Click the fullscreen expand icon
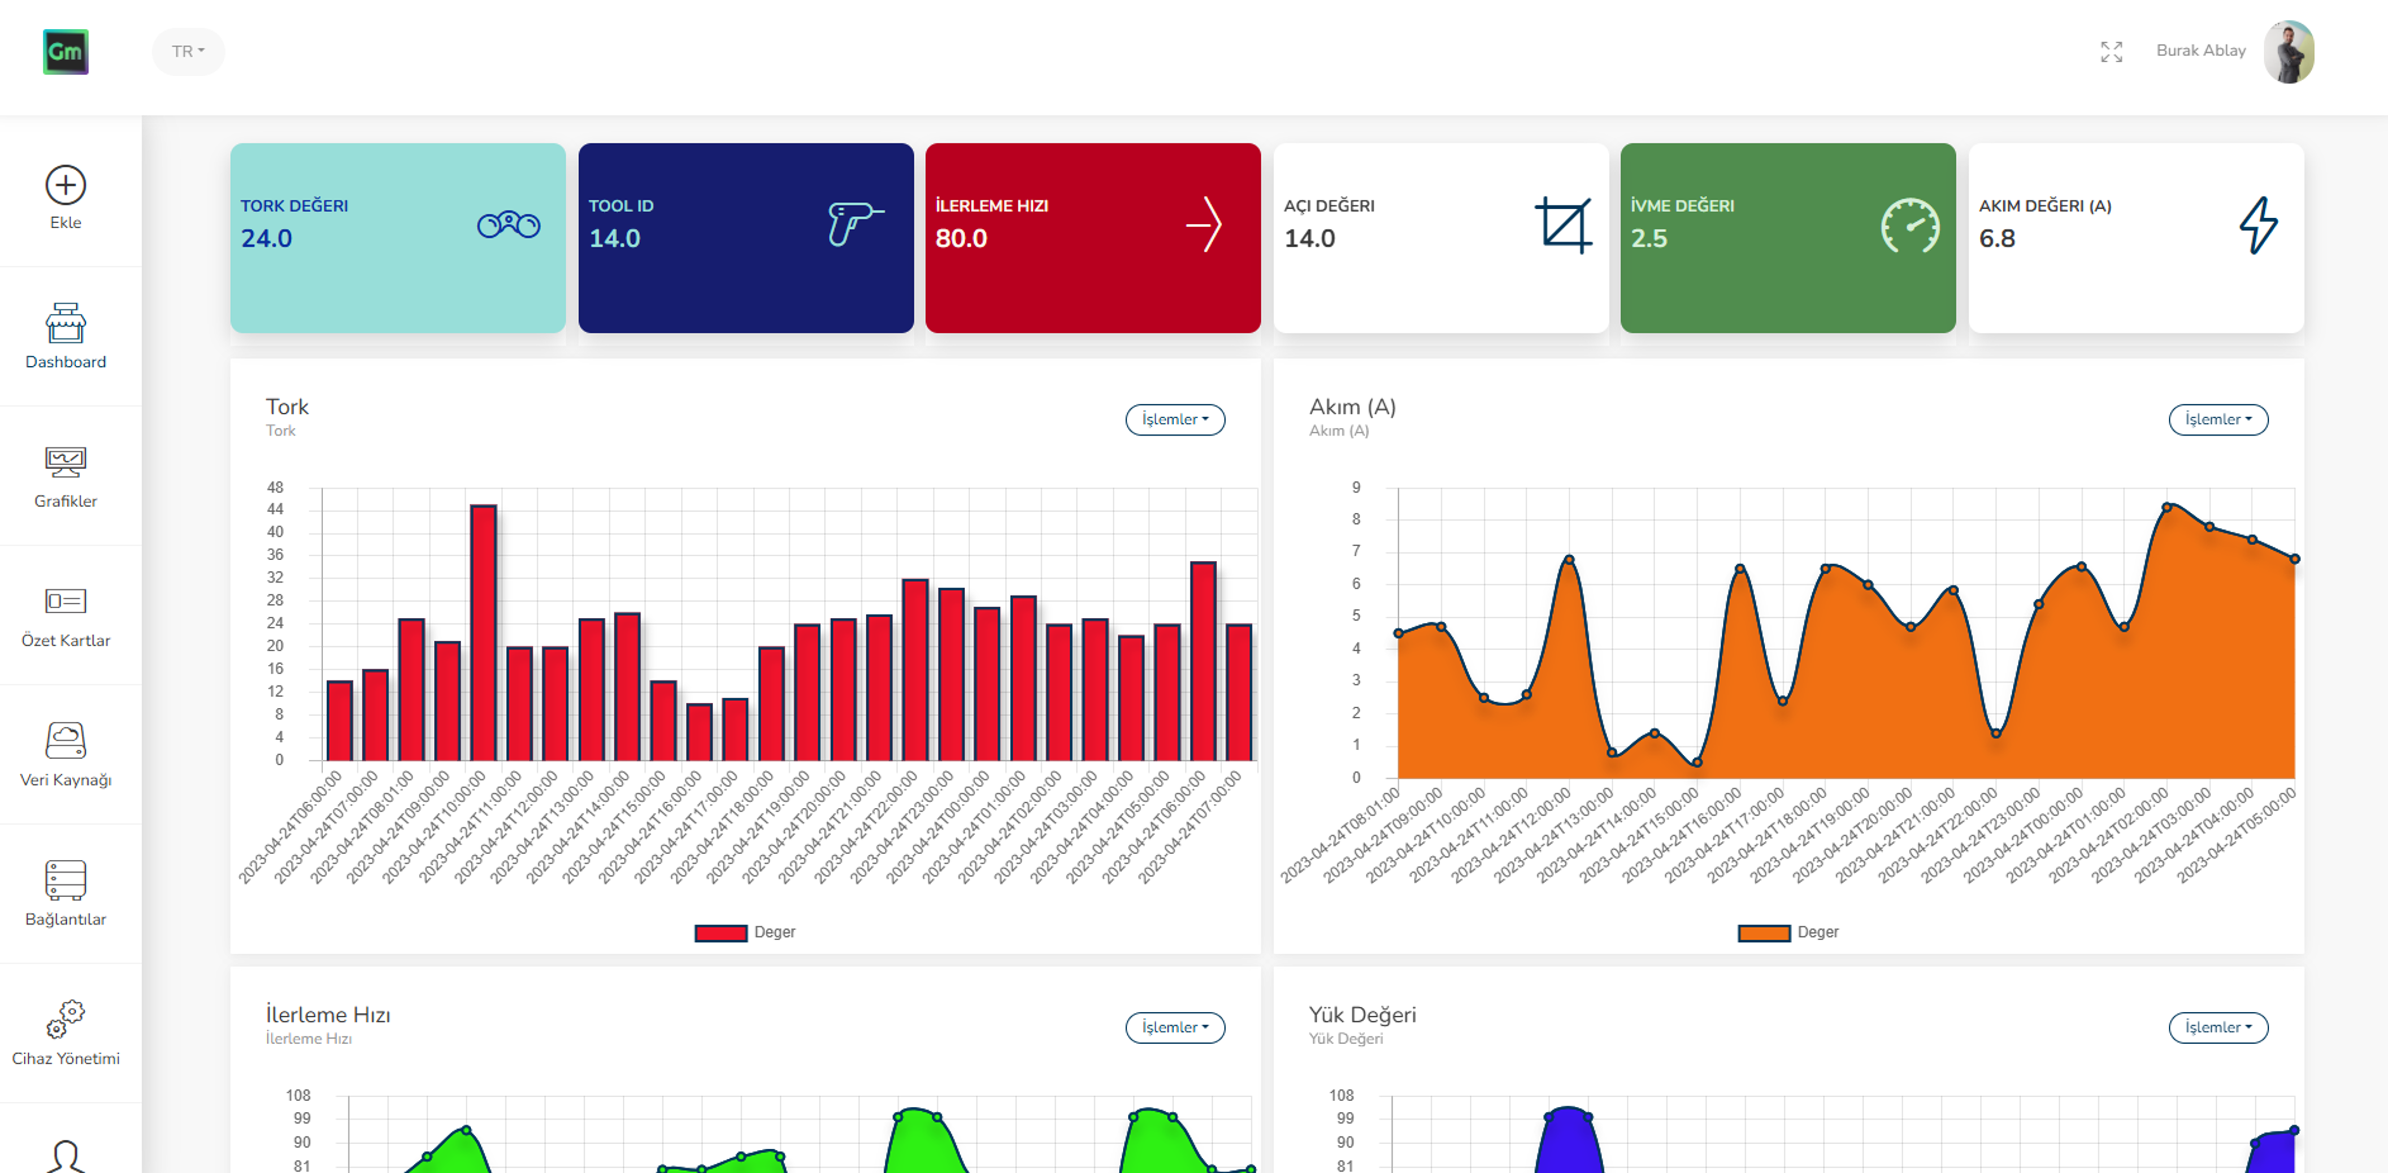click(x=2111, y=52)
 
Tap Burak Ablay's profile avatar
click(x=2288, y=52)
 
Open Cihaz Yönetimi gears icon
click(x=66, y=1018)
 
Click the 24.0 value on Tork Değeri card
click(x=267, y=239)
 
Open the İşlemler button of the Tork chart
click(x=1175, y=419)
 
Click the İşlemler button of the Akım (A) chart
click(x=2217, y=419)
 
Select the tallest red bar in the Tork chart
click(x=483, y=630)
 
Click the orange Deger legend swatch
click(x=1763, y=933)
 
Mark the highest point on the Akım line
click(x=2166, y=507)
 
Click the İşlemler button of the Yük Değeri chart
click(x=2217, y=1027)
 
